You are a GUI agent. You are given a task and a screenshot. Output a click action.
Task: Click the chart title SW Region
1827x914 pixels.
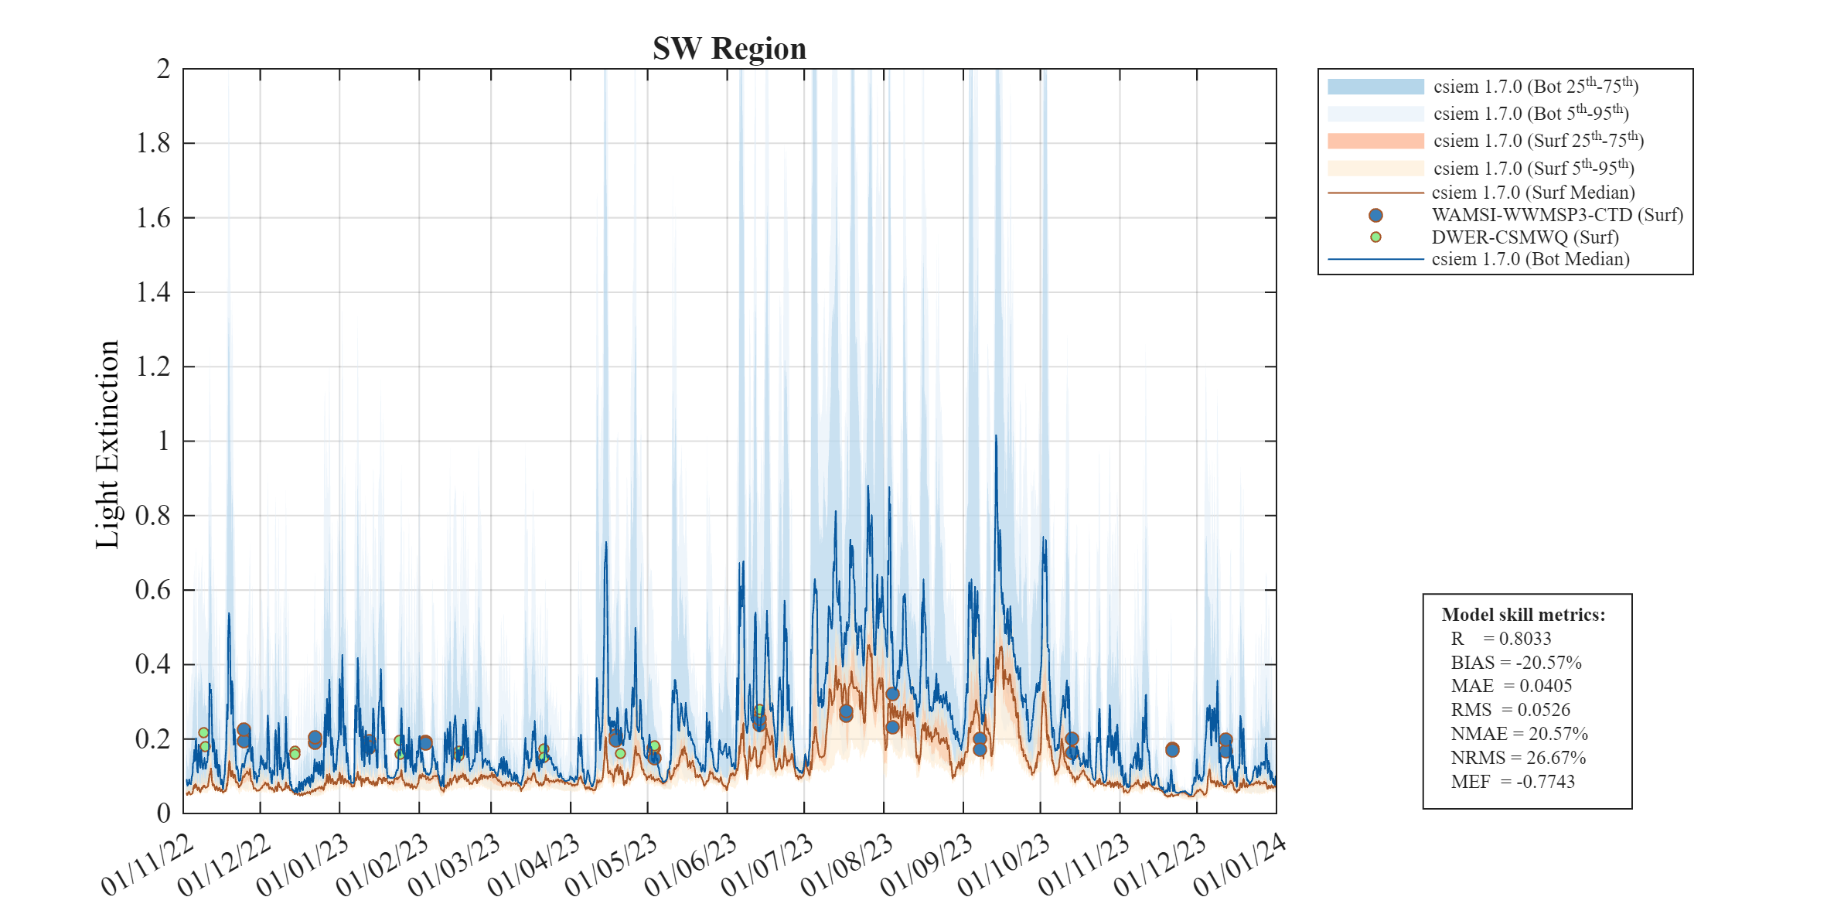[x=729, y=49]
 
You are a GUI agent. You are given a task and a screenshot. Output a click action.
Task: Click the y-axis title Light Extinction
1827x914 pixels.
[x=107, y=445]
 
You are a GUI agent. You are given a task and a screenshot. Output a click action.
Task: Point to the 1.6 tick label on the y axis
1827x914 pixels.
[x=153, y=218]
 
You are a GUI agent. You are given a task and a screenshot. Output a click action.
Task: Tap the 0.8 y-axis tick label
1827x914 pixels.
[x=153, y=516]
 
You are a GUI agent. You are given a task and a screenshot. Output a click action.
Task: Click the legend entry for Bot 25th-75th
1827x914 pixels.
[x=1535, y=87]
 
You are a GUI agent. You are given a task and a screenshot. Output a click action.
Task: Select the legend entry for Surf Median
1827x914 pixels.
[x=1532, y=193]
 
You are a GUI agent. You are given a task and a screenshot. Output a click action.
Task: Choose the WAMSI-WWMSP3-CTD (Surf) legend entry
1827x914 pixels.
[x=1556, y=215]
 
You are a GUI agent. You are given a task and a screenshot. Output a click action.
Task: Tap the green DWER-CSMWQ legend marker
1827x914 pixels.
[x=1375, y=237]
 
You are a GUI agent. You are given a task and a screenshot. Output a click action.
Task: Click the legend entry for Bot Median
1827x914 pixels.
[x=1530, y=259]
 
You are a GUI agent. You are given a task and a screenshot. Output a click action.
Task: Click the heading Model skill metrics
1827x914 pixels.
[x=1523, y=615]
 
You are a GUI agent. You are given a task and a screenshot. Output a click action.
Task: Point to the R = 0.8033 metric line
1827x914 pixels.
[x=1501, y=639]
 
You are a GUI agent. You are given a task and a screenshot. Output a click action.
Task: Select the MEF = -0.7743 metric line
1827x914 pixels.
[x=1512, y=782]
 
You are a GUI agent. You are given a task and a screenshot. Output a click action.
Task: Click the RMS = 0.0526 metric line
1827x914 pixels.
[x=1510, y=710]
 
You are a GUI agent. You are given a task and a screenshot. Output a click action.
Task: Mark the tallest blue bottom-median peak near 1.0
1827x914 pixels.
[x=996, y=437]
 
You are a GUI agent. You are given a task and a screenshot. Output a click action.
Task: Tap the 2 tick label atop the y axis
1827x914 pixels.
[x=163, y=70]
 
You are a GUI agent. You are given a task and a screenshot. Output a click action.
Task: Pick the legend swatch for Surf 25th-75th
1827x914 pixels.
[x=1375, y=141]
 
